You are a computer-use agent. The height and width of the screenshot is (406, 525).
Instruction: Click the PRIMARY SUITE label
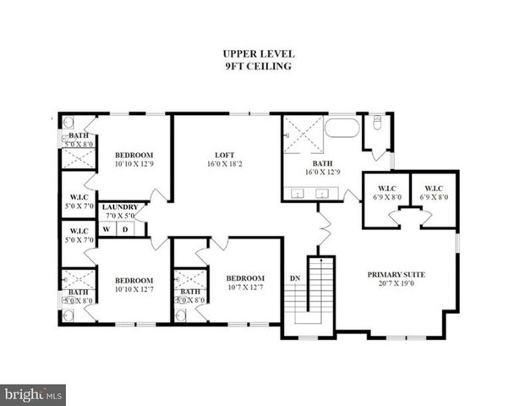click(x=396, y=275)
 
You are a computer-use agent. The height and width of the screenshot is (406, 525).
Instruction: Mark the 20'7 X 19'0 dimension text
click(x=396, y=284)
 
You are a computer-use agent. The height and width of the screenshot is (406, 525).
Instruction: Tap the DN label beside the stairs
click(x=295, y=278)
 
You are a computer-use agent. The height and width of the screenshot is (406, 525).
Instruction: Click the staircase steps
click(x=320, y=292)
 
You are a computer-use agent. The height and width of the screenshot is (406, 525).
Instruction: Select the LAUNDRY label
click(x=119, y=207)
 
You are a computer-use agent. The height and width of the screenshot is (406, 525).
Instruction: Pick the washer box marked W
click(x=107, y=228)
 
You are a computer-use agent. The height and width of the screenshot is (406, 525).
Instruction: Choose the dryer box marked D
click(x=126, y=228)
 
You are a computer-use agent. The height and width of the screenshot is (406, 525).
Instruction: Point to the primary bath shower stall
click(x=302, y=134)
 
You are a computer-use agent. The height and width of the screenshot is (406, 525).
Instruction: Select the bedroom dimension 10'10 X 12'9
click(x=134, y=164)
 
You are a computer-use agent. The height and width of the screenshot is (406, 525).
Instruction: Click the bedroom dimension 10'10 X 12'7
click(x=134, y=290)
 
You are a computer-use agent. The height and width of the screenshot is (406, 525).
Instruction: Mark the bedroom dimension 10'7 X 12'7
click(x=244, y=288)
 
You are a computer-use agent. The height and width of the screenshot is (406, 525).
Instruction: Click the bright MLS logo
click(x=33, y=394)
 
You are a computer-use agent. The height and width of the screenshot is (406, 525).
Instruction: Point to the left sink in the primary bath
click(x=298, y=194)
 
